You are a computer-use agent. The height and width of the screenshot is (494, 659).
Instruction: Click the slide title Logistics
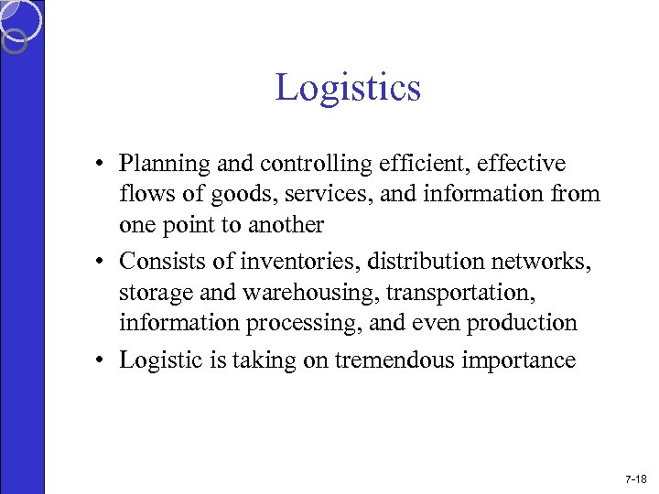pos(348,88)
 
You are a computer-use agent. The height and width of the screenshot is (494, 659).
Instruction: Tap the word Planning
pos(162,165)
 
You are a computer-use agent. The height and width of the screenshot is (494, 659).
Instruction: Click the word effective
pos(522,164)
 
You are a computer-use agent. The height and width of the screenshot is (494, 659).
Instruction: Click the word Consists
pos(157,262)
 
